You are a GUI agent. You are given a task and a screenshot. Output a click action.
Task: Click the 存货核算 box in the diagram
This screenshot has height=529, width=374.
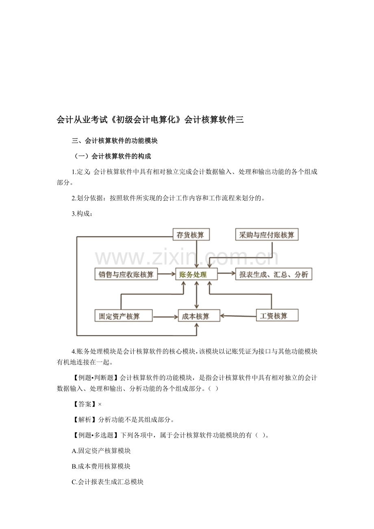point(191,234)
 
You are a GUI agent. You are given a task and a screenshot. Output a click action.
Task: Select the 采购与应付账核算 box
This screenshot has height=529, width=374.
point(267,234)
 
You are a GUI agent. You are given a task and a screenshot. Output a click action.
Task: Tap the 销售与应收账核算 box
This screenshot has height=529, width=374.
point(126,274)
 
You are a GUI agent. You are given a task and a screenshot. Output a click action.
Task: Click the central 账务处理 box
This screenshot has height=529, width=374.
point(196,274)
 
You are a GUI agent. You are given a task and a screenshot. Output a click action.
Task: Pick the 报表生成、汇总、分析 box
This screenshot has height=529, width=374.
point(274,274)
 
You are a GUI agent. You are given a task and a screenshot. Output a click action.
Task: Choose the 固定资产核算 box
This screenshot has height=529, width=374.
point(123,316)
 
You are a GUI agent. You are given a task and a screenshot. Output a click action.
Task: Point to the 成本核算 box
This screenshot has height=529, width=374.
point(199,316)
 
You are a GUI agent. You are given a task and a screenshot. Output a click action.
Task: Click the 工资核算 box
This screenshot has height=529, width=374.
point(277,315)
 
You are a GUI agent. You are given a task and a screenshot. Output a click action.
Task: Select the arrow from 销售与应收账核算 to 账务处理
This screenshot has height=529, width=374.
point(167,274)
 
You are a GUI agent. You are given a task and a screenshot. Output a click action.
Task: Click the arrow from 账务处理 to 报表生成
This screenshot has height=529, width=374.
point(226,273)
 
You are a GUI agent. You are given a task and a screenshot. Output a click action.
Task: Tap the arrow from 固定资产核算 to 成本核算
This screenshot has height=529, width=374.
point(165,317)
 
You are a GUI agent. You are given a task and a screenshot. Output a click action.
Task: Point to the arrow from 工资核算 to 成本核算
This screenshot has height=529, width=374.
point(238,316)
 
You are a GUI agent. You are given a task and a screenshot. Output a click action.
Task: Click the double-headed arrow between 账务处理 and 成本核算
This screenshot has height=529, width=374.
point(196,295)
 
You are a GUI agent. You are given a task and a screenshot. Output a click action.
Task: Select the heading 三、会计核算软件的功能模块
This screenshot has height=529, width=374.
point(115,141)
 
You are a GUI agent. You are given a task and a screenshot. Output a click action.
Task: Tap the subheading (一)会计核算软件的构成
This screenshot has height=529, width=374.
point(111,156)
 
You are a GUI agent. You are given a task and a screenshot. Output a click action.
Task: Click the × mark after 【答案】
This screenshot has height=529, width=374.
point(100,404)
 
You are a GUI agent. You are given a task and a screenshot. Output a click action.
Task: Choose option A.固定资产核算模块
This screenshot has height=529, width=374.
point(101,451)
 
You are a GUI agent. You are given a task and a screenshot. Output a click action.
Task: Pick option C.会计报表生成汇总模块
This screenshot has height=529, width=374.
point(107,482)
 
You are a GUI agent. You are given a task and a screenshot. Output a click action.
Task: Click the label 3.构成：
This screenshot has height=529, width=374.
point(82,214)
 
